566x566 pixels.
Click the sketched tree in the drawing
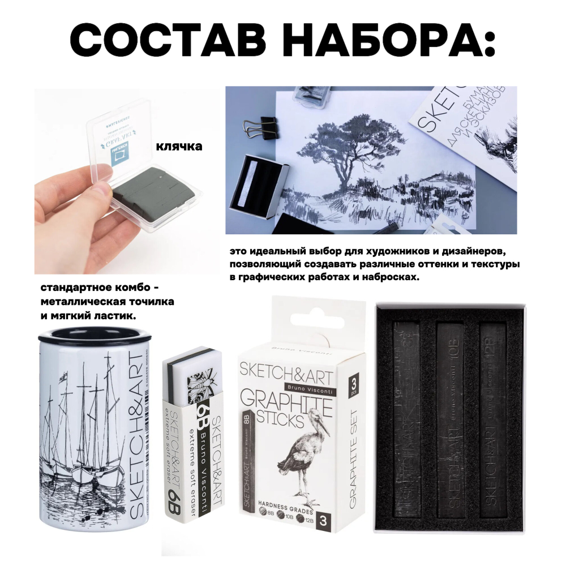click(348, 141)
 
